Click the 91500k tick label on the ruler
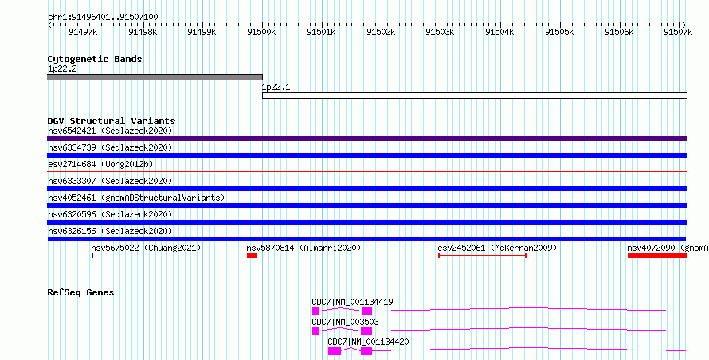click(261, 32)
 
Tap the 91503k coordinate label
click(440, 32)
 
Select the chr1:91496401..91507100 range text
click(103, 18)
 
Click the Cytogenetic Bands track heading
click(95, 59)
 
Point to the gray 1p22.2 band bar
click(155, 77)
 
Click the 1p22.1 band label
click(276, 88)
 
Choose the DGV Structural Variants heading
click(112, 121)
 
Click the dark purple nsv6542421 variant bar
click(366, 139)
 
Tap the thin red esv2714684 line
click(366, 172)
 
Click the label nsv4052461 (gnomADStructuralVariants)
click(136, 198)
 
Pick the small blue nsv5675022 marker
click(92, 256)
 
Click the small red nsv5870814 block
click(252, 256)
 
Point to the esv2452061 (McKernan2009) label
click(497, 248)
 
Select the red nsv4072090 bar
click(657, 256)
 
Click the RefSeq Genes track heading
click(80, 292)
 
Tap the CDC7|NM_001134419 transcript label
click(352, 302)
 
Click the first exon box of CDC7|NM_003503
click(315, 331)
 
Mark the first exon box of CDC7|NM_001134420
click(334, 351)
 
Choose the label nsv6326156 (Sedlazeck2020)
click(110, 231)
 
